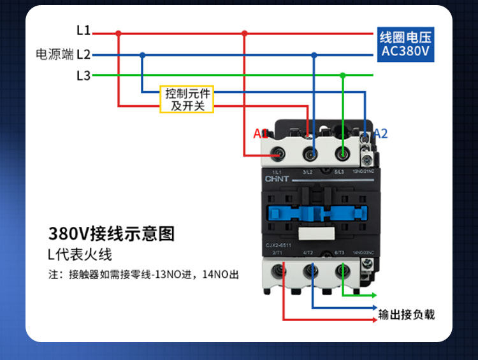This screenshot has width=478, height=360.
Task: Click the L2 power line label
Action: point(83,55)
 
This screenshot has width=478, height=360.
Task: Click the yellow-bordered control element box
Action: point(186,99)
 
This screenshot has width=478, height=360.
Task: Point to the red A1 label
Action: point(260,134)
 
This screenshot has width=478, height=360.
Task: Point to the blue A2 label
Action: point(380,134)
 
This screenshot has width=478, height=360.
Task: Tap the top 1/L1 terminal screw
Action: point(279,153)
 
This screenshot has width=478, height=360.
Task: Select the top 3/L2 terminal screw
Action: point(310,153)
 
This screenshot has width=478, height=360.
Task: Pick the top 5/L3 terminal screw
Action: point(343,153)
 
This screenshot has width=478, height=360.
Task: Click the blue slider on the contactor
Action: point(310,211)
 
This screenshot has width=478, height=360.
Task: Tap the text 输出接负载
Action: point(407,314)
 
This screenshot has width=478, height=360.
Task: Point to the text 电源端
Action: point(55,55)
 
